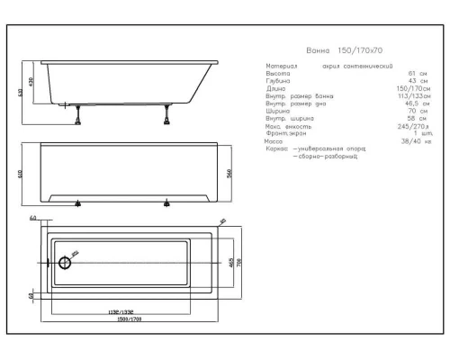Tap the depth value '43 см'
pyautogui.click(x=417, y=81)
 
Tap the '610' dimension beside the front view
pyautogui.click(x=20, y=173)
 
